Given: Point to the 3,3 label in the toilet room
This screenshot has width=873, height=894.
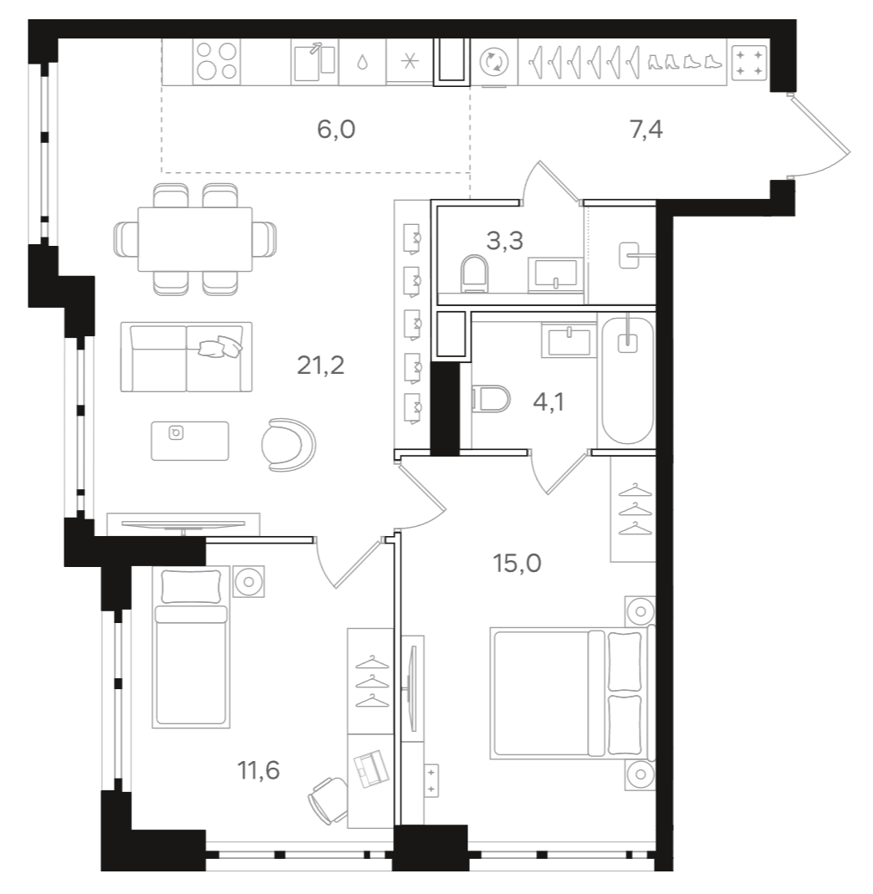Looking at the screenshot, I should [x=504, y=242].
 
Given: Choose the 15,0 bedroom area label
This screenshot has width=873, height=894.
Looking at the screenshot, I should [x=516, y=563].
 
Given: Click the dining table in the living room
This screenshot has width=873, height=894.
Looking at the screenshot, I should [x=194, y=239].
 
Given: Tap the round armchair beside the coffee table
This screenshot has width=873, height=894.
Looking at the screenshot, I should [x=288, y=443].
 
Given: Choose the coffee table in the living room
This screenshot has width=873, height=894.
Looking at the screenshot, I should [x=189, y=440].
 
